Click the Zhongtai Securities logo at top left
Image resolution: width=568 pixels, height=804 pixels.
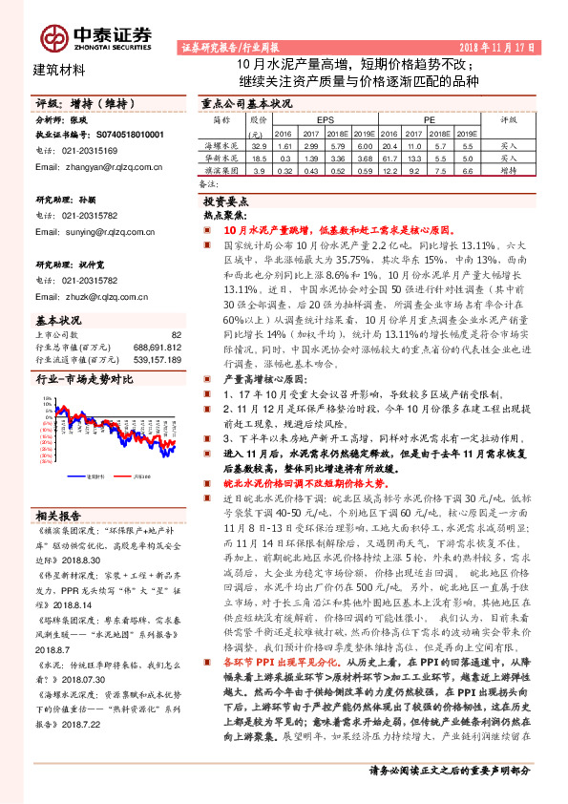pyautogui.click(x=95, y=35)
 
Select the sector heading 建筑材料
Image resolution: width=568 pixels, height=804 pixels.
pyautogui.click(x=59, y=69)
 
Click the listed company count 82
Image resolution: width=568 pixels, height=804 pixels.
pyautogui.click(x=175, y=334)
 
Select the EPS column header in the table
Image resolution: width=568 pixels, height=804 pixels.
pyautogui.click(x=325, y=121)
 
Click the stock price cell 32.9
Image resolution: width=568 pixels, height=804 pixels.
pyautogui.click(x=259, y=145)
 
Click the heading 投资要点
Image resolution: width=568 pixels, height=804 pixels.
pyautogui.click(x=225, y=202)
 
